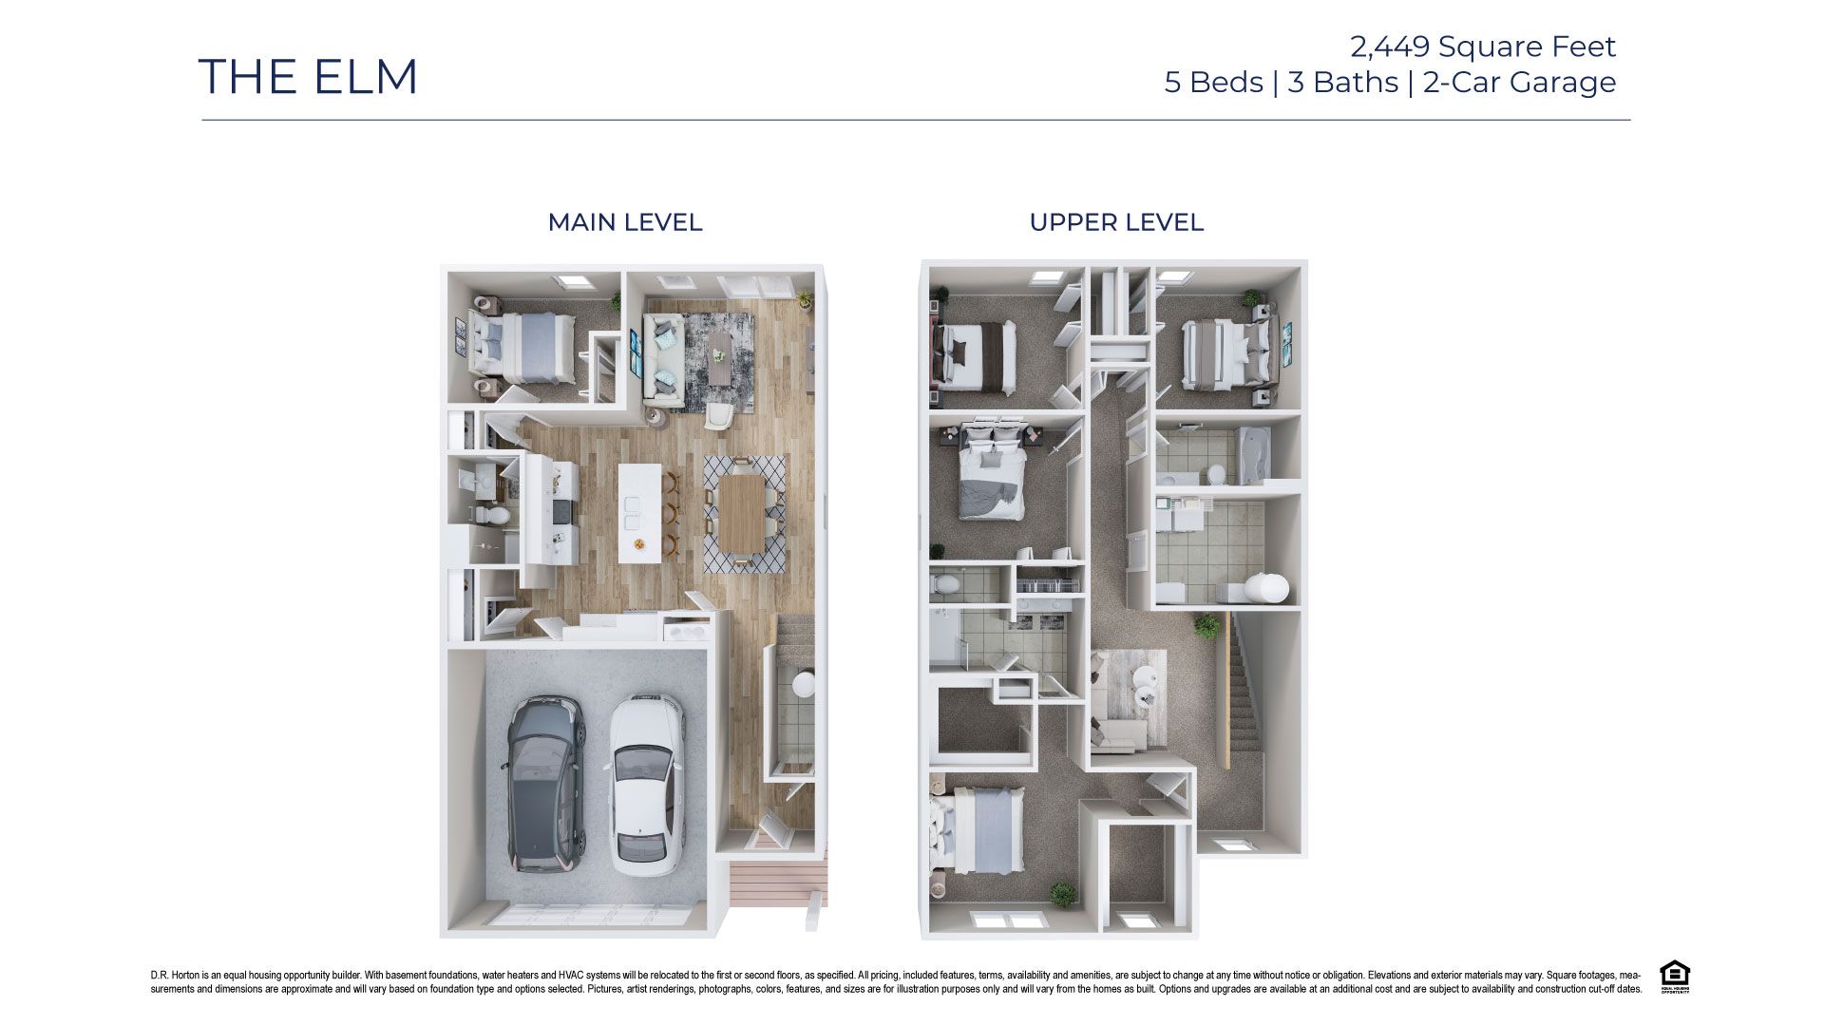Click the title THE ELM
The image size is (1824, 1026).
[308, 77]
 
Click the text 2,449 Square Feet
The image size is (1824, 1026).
[1482, 46]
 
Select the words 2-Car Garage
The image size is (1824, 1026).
[1519, 83]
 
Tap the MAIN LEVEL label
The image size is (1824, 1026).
[624, 222]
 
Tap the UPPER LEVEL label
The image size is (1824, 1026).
[1115, 222]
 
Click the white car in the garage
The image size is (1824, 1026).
[646, 784]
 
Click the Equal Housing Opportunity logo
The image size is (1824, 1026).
[1674, 977]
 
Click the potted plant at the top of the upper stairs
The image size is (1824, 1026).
[1206, 626]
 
